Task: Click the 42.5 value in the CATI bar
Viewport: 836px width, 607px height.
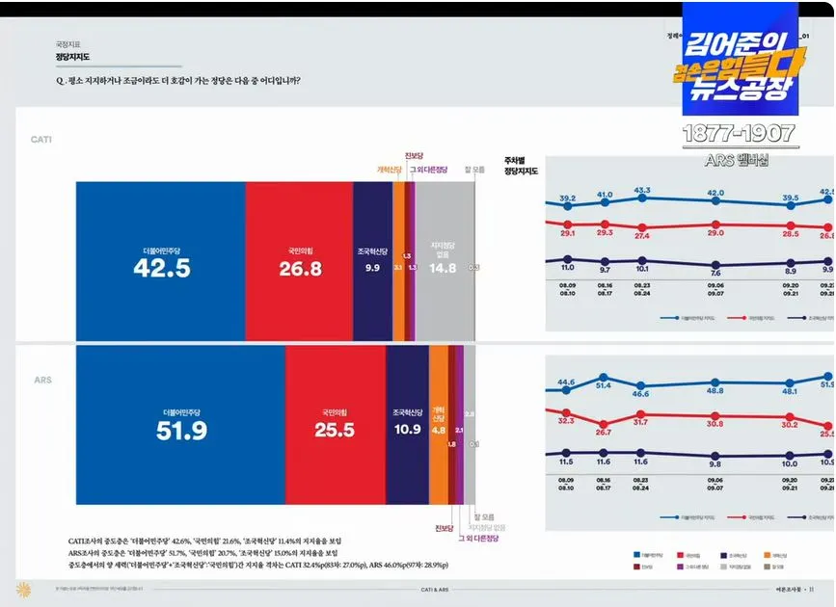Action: [161, 270]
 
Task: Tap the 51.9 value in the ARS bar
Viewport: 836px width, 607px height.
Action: [181, 431]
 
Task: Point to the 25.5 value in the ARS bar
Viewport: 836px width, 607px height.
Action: [335, 431]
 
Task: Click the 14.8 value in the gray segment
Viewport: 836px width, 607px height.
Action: [444, 269]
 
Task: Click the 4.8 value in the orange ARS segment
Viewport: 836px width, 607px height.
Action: [438, 431]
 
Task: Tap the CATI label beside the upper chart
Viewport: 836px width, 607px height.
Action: [41, 140]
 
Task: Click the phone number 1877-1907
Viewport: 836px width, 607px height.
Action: [739, 134]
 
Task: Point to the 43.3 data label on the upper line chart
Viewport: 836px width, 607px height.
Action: [642, 190]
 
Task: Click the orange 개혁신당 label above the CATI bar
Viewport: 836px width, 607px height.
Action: [390, 170]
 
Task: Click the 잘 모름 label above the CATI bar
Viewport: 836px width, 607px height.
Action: [474, 170]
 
